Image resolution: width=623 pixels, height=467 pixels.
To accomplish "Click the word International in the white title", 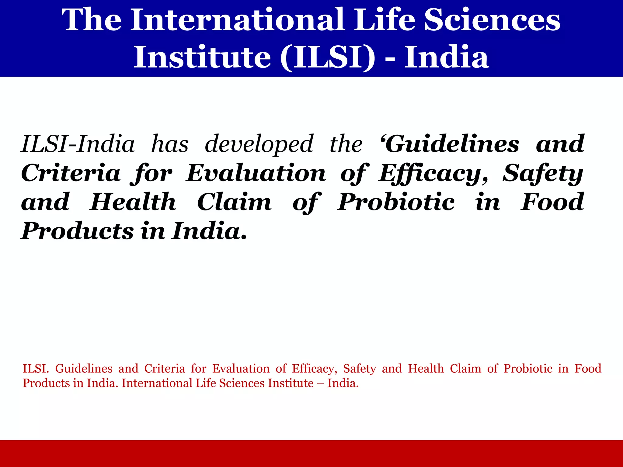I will (x=237, y=20).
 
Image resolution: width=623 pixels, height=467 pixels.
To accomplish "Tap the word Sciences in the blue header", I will (x=492, y=20).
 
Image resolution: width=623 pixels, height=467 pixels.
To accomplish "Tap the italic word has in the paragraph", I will (x=170, y=144).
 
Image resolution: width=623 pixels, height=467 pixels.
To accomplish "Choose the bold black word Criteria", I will (x=71, y=173).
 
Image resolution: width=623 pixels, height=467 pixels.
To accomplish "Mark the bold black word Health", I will (x=133, y=202).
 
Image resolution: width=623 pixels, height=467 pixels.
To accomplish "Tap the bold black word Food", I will (x=552, y=202).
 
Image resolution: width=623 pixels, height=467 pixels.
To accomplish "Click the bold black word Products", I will (x=77, y=231).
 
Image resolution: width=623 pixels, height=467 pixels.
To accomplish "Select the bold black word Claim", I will (x=234, y=202).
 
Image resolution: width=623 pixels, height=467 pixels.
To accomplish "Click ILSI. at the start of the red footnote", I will (x=36, y=368).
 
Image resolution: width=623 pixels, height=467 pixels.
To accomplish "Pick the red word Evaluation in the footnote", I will (x=241, y=368).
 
